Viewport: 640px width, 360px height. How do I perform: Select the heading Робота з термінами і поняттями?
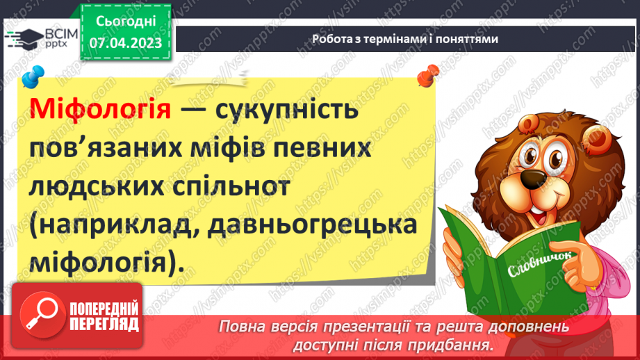pos(404,39)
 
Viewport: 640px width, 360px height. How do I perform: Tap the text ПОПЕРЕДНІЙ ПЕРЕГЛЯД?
pos(104,317)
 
